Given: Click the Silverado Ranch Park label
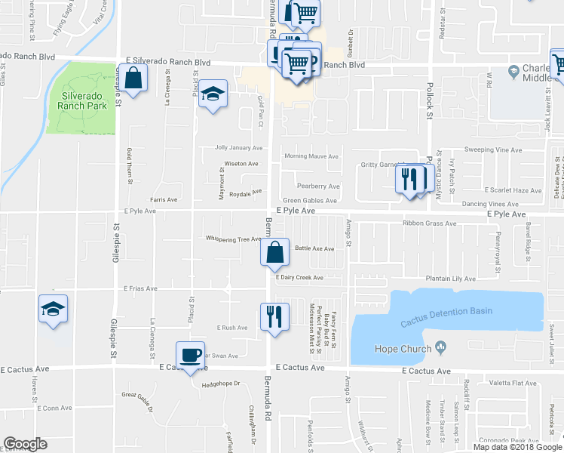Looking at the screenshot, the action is pyautogui.click(x=81, y=100).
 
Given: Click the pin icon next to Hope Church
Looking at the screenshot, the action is pyautogui.click(x=442, y=348).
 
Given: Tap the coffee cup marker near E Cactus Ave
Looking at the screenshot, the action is pyautogui.click(x=191, y=356).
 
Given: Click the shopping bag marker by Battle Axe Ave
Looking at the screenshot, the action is pyautogui.click(x=275, y=254).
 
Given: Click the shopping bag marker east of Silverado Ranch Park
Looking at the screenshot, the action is pyautogui.click(x=133, y=79).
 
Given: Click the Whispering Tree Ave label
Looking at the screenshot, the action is pyautogui.click(x=234, y=239).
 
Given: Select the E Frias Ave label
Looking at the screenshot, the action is pyautogui.click(x=140, y=288).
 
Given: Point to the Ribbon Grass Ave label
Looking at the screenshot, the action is pyautogui.click(x=430, y=223).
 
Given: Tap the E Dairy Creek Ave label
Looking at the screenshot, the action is pyautogui.click(x=299, y=278).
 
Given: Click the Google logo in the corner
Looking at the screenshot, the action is pyautogui.click(x=25, y=444).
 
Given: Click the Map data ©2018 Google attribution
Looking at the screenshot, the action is pyautogui.click(x=517, y=447).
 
